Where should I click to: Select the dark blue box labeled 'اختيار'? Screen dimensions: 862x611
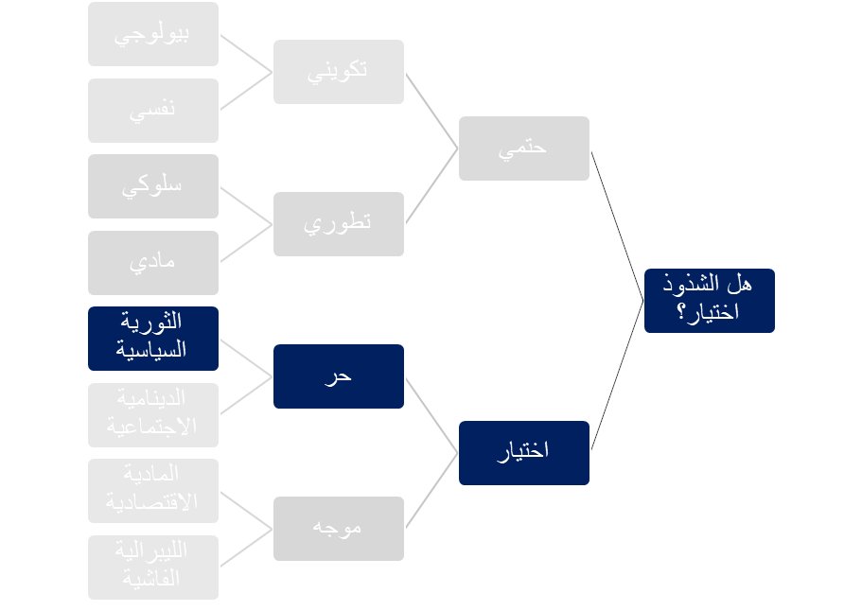click(x=523, y=453)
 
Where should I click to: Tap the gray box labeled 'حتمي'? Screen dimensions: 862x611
click(x=523, y=148)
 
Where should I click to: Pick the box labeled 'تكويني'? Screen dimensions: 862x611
click(x=338, y=72)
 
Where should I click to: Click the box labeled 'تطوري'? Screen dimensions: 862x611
click(x=338, y=224)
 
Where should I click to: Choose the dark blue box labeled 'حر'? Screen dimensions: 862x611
click(x=338, y=376)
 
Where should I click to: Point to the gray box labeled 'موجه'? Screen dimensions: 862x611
click(x=338, y=529)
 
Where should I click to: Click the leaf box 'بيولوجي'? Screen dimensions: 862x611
click(x=152, y=34)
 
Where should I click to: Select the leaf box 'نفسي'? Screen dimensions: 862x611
click(x=152, y=111)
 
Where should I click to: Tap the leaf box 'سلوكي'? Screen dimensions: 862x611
click(x=152, y=186)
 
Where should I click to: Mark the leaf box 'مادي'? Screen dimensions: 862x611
click(x=152, y=263)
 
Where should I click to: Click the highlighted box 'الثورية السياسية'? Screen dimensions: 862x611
click(x=152, y=339)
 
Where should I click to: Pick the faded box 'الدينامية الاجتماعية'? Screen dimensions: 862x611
click(x=152, y=415)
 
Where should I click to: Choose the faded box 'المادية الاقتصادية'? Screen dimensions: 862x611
click(x=152, y=491)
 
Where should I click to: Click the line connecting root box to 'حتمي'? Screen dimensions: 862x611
click(x=617, y=225)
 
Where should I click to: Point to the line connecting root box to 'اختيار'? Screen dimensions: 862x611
click(x=617, y=375)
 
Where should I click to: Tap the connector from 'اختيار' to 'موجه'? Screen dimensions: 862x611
click(x=431, y=490)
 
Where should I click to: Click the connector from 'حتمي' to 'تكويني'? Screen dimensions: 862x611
click(x=431, y=110)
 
